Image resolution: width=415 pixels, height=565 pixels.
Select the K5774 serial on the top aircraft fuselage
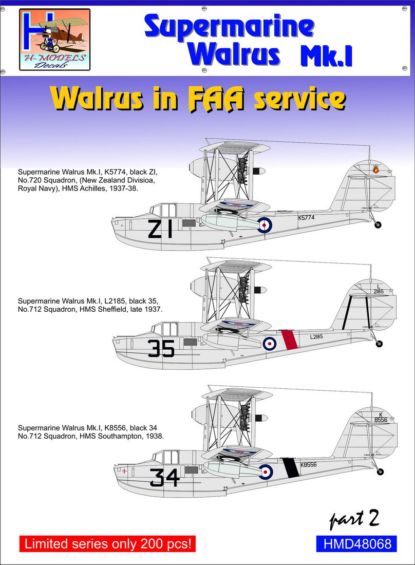(x=306, y=217)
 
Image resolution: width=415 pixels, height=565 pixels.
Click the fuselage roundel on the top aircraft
(x=265, y=223)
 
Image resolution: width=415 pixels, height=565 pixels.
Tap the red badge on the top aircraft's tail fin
(x=375, y=169)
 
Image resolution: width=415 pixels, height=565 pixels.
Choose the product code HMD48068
(x=354, y=543)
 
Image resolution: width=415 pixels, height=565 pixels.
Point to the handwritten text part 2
(x=354, y=520)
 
